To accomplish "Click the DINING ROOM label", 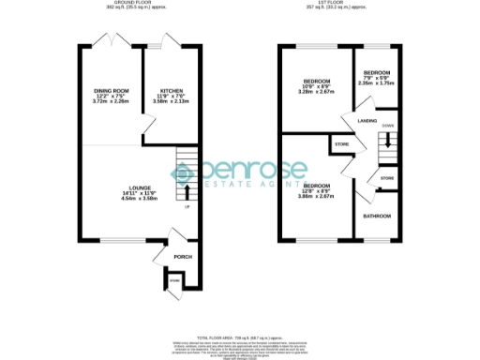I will click(x=110, y=90).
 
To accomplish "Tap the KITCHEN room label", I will click(x=172, y=90).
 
